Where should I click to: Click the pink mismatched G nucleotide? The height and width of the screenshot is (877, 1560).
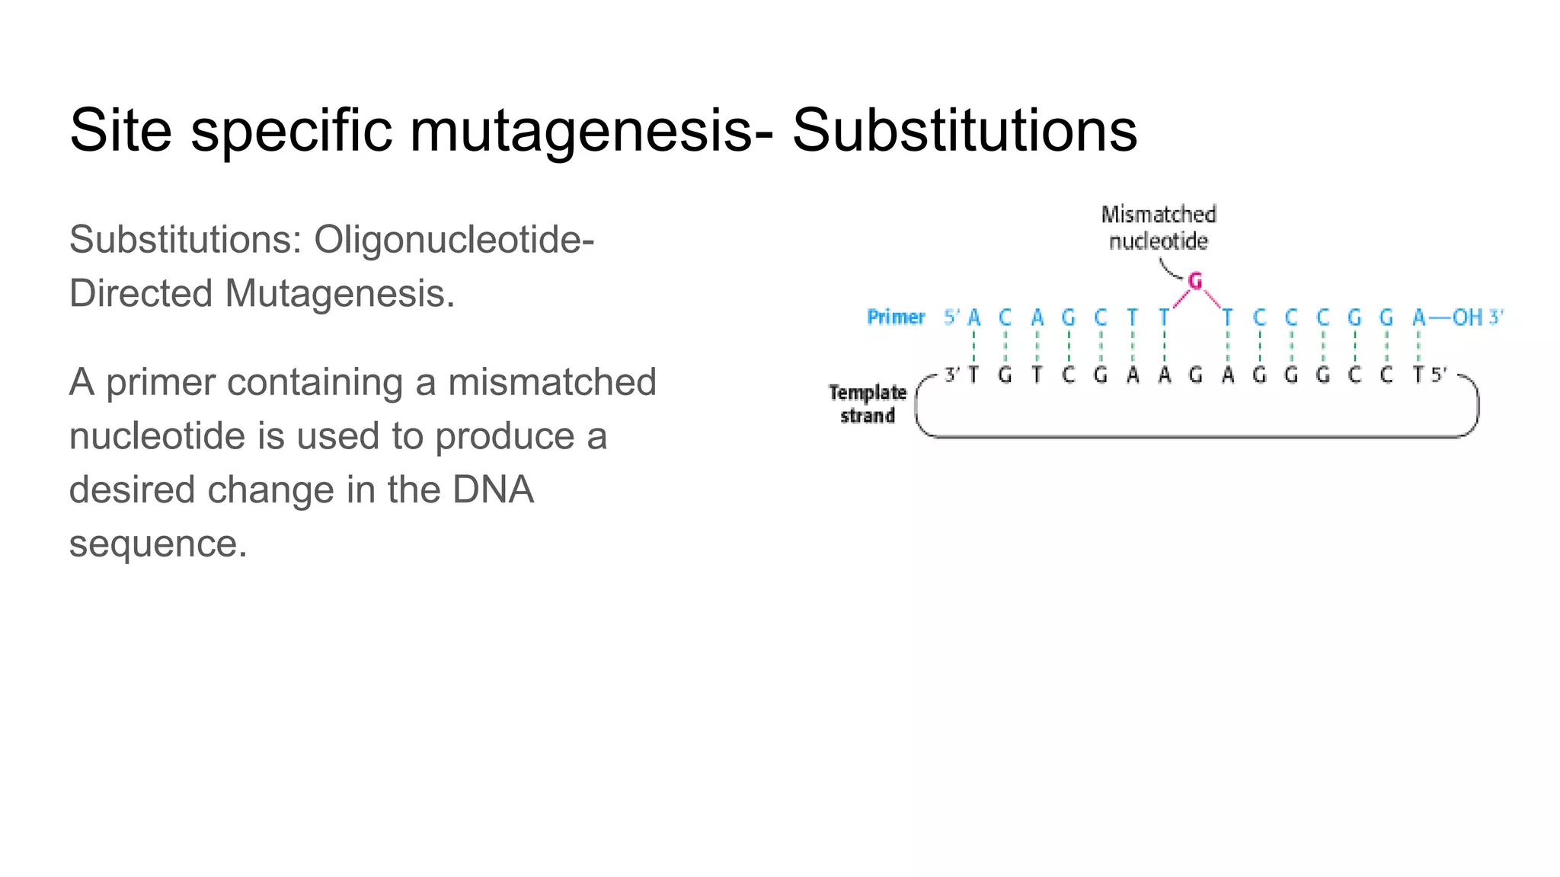click(1195, 282)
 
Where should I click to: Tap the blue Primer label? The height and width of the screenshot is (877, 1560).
click(896, 317)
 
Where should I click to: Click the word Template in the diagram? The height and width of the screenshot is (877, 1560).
click(867, 392)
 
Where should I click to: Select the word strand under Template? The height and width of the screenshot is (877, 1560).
click(867, 416)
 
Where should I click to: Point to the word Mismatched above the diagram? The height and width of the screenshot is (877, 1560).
click(1158, 215)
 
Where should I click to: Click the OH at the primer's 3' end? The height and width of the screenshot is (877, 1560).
click(1467, 317)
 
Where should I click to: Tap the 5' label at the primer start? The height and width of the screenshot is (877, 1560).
click(951, 317)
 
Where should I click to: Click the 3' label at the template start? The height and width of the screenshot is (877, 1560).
click(952, 375)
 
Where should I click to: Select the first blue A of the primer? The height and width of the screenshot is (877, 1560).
click(974, 317)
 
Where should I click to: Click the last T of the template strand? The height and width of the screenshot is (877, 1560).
click(1418, 375)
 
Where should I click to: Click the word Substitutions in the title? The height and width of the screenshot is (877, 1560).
click(964, 130)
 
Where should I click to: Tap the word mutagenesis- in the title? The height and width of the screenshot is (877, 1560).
click(591, 130)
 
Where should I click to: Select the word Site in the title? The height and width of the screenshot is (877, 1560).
click(120, 130)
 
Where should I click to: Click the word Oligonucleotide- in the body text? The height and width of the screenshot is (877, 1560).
click(454, 240)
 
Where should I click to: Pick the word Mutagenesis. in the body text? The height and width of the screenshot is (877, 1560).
click(340, 294)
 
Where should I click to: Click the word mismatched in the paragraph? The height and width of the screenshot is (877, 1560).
click(551, 382)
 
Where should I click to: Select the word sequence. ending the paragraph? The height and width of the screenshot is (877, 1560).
click(158, 544)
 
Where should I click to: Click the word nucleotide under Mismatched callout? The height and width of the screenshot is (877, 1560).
click(1158, 241)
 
